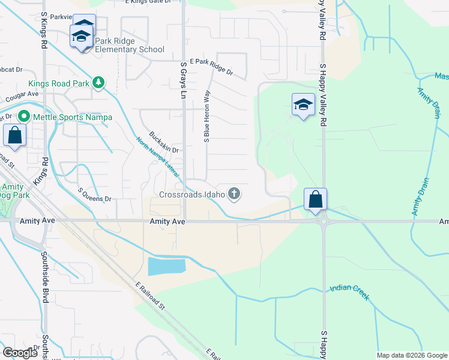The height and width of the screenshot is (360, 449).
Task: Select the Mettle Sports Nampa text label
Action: (x=73, y=117)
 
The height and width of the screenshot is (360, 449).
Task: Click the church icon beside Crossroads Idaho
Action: (x=235, y=194)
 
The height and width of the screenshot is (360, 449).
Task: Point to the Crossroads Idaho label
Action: (x=192, y=194)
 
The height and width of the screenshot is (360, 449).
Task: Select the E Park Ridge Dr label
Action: (x=211, y=66)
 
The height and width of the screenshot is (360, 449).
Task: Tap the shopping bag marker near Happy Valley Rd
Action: (x=315, y=199)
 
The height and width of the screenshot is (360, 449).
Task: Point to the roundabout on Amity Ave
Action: (x=324, y=221)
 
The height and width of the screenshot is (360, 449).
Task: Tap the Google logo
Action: (x=21, y=353)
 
